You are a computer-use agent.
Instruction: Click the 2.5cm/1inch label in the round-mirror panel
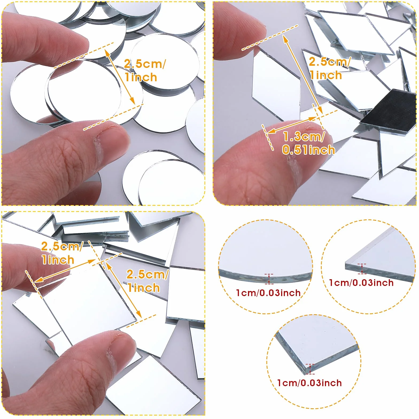[x=145, y=71]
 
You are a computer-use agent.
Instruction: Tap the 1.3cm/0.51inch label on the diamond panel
[x=309, y=143]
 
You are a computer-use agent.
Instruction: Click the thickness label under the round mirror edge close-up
[x=268, y=293]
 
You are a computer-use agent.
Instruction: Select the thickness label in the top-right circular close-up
[x=361, y=283]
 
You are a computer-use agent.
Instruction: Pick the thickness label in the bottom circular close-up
[x=309, y=383]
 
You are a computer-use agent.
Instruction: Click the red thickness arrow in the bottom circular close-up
[x=310, y=369]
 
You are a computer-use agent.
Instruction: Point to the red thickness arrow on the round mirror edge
[x=269, y=279]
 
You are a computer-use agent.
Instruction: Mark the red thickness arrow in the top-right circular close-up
[x=362, y=269]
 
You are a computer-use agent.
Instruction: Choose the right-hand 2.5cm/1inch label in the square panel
[x=147, y=281]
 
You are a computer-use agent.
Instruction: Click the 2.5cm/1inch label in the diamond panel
[x=329, y=68]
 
